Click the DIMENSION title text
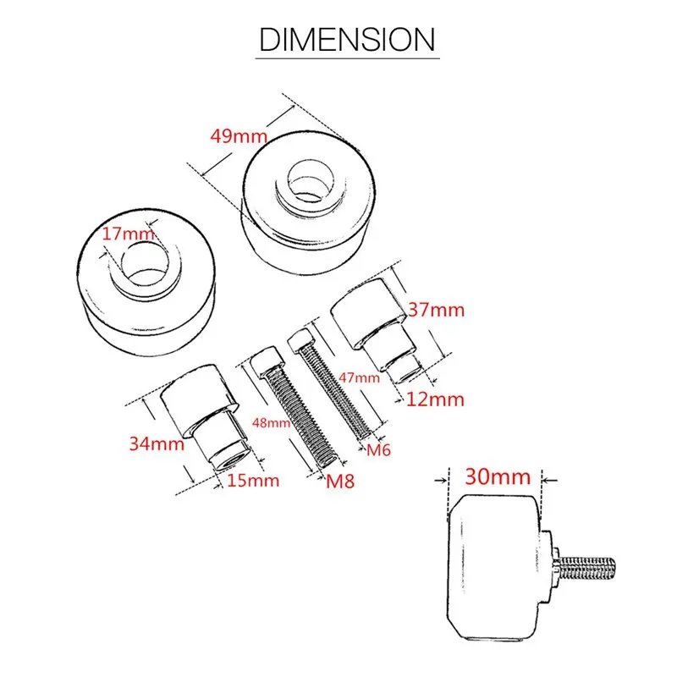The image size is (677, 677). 346,39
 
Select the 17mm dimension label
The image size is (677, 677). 129,234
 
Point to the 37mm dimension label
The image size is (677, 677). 436,310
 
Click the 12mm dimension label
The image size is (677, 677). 435,399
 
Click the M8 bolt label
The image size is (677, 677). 342,482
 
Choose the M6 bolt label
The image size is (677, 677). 378,450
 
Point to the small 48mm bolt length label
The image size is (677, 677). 271,421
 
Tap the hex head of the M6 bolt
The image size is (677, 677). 300,341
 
